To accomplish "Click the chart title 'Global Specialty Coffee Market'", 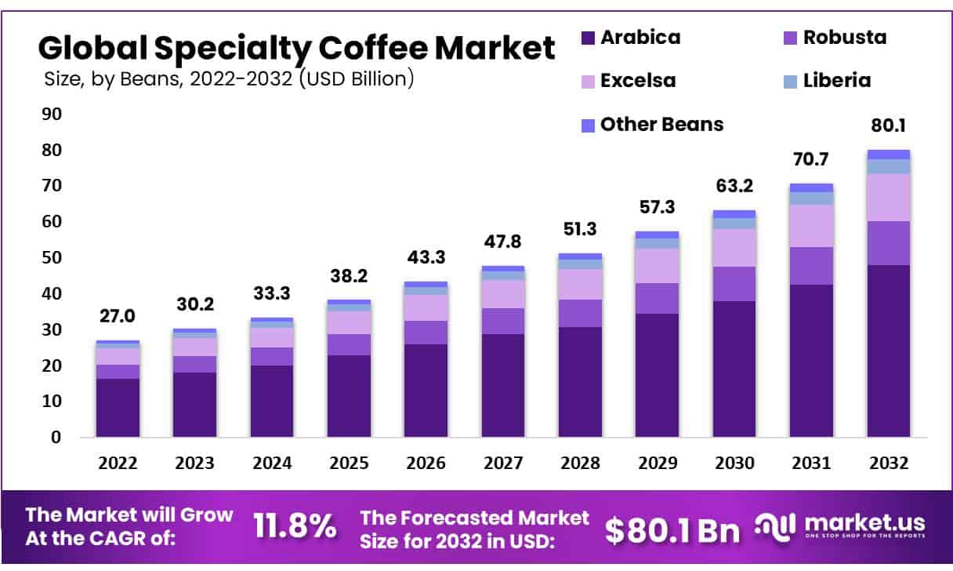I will click(296, 49).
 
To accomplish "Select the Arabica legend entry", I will click(631, 37).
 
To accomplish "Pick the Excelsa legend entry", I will click(628, 80).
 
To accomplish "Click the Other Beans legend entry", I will click(652, 124).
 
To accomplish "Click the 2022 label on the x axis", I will click(118, 464).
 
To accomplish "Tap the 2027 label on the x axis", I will click(503, 464).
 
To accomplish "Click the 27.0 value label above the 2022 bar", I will click(118, 316).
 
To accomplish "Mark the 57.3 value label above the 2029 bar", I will click(657, 208).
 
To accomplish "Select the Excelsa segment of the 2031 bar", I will click(811, 226).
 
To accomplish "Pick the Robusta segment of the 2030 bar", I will click(734, 284).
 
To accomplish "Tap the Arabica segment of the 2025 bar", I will click(349, 395).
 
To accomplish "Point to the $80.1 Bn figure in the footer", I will click(672, 530).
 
